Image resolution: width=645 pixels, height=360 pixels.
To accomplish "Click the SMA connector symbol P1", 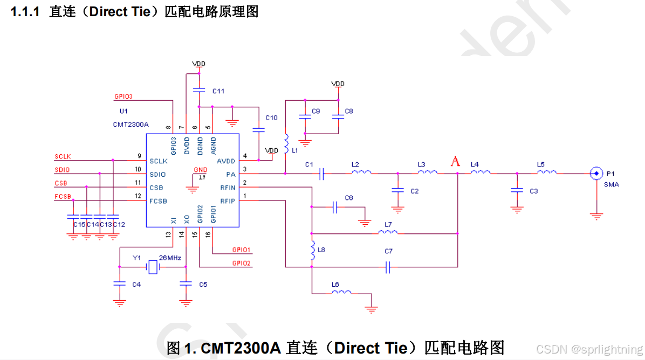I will (596, 174).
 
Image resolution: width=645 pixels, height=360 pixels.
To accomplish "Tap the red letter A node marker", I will (456, 161).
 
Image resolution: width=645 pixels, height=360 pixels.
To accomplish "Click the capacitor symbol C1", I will (321, 174).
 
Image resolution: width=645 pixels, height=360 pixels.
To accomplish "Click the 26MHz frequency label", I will (170, 258).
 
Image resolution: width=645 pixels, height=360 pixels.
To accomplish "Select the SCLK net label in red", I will (63, 156).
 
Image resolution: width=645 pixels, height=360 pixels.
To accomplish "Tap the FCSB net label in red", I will (63, 196).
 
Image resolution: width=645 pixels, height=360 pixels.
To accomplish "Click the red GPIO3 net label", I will (123, 97).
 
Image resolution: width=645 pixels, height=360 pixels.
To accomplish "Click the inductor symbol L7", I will (388, 232).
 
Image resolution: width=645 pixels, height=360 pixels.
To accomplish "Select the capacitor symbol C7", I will (388, 267).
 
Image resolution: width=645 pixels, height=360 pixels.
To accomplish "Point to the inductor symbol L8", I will (312, 250).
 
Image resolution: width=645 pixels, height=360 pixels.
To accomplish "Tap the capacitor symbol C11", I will (200, 89).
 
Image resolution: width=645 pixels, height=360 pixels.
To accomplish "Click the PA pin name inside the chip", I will (231, 174).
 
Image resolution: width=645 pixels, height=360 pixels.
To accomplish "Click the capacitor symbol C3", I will (517, 191).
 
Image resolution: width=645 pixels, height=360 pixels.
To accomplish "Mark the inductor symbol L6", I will (341, 293).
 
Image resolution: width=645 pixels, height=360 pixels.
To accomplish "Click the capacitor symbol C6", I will (335, 207).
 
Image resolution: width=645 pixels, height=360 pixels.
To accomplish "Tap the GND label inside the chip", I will (200, 170).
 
